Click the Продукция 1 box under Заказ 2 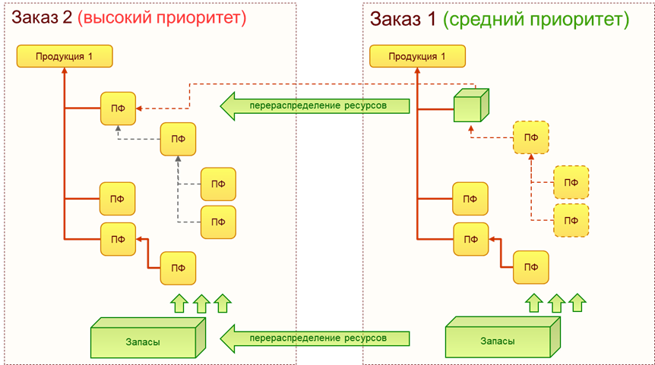65,56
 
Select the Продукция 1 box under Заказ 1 416,56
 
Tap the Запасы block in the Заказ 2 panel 147,340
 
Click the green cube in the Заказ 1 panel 470,105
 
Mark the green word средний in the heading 482,19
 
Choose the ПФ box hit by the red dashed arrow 118,109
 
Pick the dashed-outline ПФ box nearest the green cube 531,137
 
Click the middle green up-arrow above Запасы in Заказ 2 201,304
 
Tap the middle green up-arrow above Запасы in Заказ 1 556,304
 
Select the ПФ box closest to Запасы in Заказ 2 178,267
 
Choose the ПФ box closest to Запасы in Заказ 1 531,267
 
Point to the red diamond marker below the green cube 472,130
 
